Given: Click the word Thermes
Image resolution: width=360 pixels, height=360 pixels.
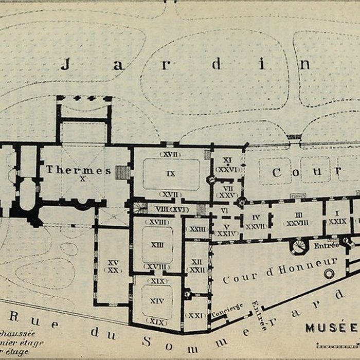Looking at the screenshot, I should pos(78,170).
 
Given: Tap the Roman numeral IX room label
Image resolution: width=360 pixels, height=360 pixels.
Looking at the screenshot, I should pos(171,174).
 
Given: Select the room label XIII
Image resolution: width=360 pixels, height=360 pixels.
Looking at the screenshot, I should pos(157,245).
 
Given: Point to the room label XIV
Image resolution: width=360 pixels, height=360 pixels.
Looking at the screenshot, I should pos(157,301).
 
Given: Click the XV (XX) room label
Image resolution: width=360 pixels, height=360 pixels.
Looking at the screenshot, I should pos(113,266).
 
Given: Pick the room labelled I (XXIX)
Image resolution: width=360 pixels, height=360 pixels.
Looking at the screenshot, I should pos(338,217).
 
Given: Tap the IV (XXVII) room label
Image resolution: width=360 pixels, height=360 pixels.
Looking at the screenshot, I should pos(256,222).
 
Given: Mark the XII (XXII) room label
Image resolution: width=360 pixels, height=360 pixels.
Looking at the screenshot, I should pos(196,265).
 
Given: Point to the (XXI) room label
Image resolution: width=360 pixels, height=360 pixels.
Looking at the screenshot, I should pos(196,315).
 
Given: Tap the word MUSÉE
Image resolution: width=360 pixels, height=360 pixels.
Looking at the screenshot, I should pos(331,328).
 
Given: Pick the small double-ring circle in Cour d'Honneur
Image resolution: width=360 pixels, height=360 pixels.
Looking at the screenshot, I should pos(329,274).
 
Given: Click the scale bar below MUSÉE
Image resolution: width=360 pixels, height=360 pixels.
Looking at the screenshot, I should pos(337,345).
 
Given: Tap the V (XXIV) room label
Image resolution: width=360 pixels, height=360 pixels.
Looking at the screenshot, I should pos(227,229).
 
